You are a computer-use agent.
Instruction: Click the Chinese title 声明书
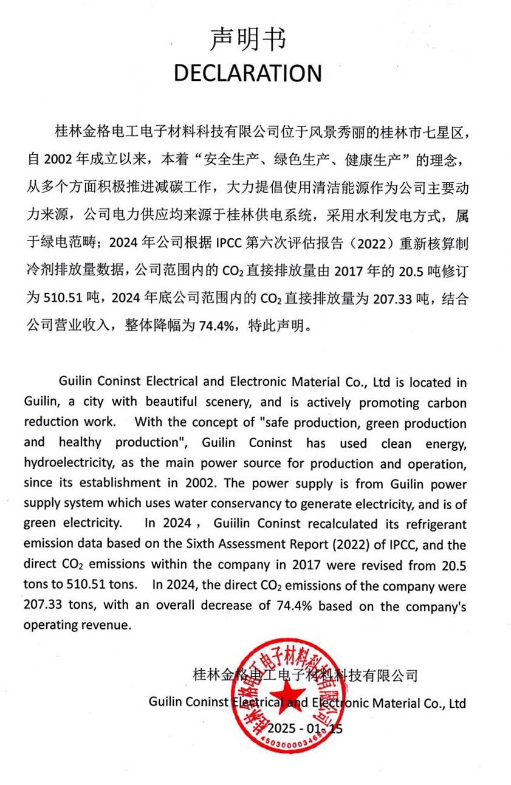pyautogui.click(x=247, y=39)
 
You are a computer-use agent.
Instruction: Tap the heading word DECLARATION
pyautogui.click(x=247, y=73)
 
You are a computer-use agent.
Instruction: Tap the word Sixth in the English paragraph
pyautogui.click(x=185, y=544)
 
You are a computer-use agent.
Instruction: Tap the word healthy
pyautogui.click(x=80, y=443)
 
